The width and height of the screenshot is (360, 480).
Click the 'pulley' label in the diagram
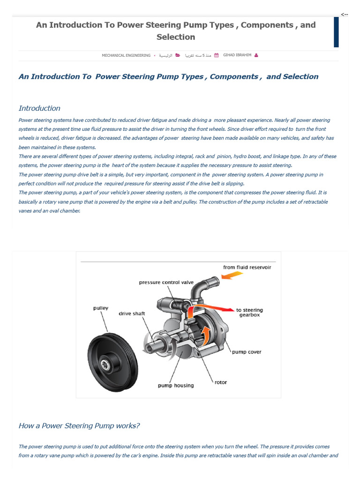100,308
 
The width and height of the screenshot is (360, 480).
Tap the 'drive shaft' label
132,313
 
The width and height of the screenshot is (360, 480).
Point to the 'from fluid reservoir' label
247,267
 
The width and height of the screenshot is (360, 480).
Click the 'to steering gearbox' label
249,312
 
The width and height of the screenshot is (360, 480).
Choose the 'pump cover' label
247,352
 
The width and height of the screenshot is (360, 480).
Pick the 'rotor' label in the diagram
221,382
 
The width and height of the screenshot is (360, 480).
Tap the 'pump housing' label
175,385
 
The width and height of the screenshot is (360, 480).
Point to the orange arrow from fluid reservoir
232,277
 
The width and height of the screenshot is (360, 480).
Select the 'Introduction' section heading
39,108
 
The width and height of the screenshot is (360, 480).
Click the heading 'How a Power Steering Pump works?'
79,426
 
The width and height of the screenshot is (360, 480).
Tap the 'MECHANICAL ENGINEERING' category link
126,55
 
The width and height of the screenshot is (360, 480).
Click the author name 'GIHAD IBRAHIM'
237,55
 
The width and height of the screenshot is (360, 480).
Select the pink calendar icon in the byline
216,55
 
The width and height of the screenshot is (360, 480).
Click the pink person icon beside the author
255,55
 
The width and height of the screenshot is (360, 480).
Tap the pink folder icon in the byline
177,55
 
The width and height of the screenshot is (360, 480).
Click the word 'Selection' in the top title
176,37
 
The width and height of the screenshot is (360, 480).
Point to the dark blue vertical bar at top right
336,32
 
